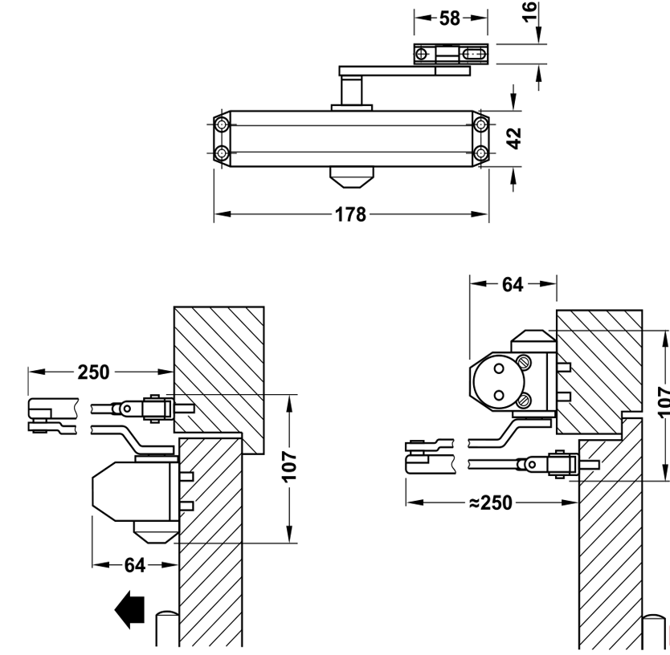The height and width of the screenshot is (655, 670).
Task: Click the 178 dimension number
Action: (x=351, y=215)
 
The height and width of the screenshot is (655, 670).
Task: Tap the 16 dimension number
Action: (x=530, y=13)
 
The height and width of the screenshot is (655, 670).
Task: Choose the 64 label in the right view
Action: (x=513, y=283)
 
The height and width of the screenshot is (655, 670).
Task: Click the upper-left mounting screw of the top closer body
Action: (x=223, y=124)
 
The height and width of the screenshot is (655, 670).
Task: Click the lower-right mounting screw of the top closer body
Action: (x=480, y=153)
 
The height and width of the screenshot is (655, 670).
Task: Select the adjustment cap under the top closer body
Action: (x=351, y=177)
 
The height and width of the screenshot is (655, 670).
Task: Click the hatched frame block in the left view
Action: (x=219, y=361)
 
